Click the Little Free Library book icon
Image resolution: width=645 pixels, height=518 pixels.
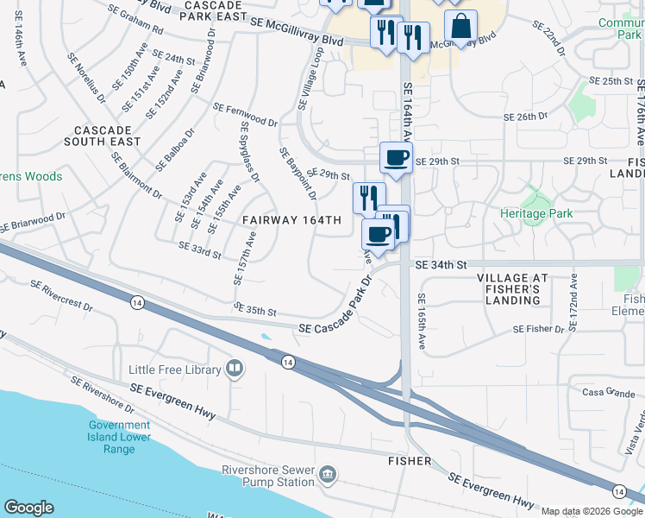click(x=234, y=370)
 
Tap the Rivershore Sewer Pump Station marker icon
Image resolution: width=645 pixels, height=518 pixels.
click(x=327, y=474)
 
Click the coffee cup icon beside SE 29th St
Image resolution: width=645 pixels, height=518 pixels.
click(x=396, y=158)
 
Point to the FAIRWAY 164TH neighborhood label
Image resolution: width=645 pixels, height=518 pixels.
click(x=291, y=220)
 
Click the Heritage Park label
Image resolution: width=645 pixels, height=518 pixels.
click(x=536, y=212)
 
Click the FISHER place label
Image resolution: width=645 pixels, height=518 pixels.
click(x=409, y=461)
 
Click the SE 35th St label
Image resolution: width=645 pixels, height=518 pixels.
click(x=254, y=310)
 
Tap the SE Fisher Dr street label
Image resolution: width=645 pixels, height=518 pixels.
click(x=537, y=329)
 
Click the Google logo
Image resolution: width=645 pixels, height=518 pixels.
click(x=28, y=508)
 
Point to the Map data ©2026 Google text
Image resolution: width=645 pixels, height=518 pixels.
click(x=591, y=511)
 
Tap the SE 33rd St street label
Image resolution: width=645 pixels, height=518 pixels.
click(x=199, y=250)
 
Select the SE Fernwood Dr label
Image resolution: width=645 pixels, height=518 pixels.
click(x=245, y=115)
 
